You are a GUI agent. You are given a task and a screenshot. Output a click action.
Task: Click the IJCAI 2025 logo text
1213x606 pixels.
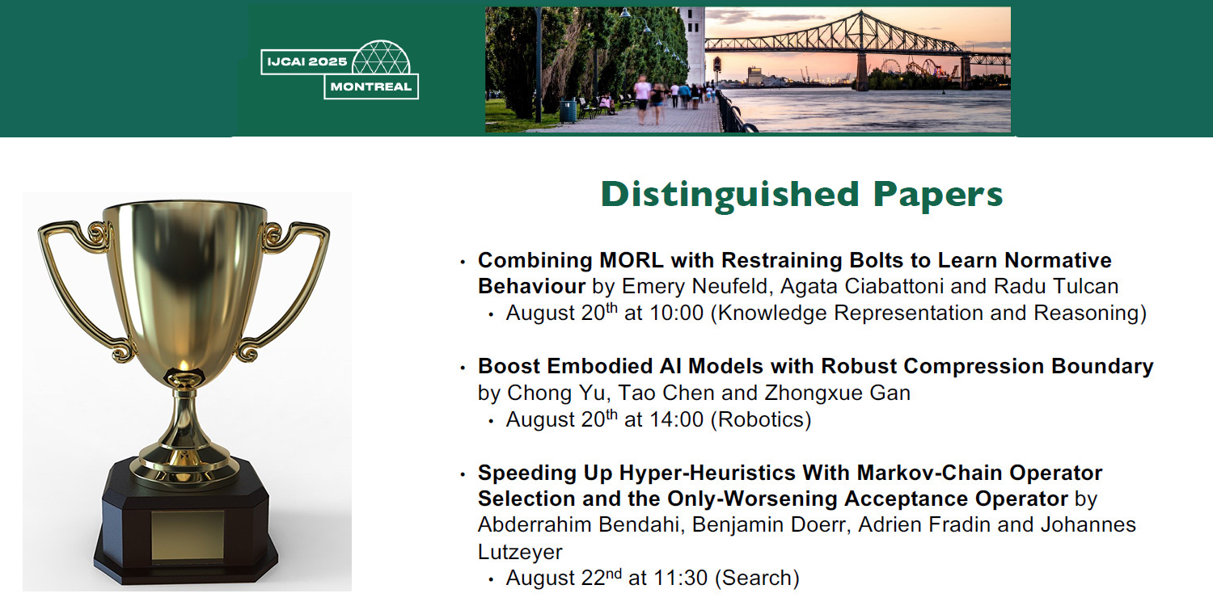[307, 61]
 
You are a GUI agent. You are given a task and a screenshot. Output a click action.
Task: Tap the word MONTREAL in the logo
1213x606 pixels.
[371, 86]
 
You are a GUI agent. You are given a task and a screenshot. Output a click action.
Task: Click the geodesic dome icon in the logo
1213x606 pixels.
[381, 57]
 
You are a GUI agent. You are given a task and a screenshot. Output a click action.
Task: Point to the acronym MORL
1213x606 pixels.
[632, 260]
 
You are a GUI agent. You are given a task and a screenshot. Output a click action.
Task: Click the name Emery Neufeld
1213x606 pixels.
[695, 286]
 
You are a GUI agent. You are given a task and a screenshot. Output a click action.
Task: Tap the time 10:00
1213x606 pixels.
[676, 314]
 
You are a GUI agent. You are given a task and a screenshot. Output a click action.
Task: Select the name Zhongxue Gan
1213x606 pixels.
[837, 393]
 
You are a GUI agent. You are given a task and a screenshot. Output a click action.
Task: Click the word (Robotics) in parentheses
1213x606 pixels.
[761, 420]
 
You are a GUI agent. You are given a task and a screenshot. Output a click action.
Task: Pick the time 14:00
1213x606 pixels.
[676, 420]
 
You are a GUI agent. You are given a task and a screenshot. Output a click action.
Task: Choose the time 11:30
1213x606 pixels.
[680, 579]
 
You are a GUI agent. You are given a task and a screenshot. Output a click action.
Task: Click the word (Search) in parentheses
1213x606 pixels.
[757, 579]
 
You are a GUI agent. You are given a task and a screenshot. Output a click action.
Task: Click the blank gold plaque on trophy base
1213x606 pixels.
[188, 535]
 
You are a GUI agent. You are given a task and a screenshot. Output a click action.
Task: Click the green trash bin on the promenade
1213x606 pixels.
[567, 111]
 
